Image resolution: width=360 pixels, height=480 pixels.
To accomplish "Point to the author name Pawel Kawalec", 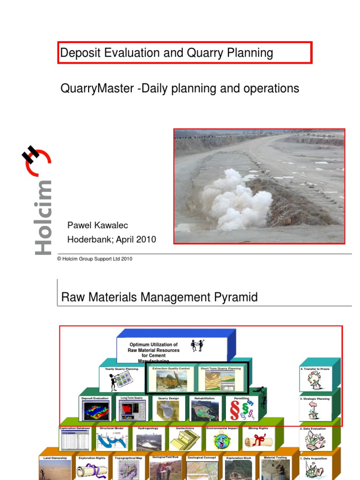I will click(97, 225).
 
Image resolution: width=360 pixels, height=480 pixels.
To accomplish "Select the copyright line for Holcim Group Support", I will click(95, 258).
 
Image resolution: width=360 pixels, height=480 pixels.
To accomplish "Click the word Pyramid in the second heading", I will click(234, 297).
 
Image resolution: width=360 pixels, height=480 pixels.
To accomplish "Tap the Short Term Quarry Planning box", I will click(220, 379).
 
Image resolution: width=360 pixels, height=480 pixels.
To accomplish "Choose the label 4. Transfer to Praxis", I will click(315, 369).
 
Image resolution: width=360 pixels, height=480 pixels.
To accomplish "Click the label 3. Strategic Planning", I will click(315, 399).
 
